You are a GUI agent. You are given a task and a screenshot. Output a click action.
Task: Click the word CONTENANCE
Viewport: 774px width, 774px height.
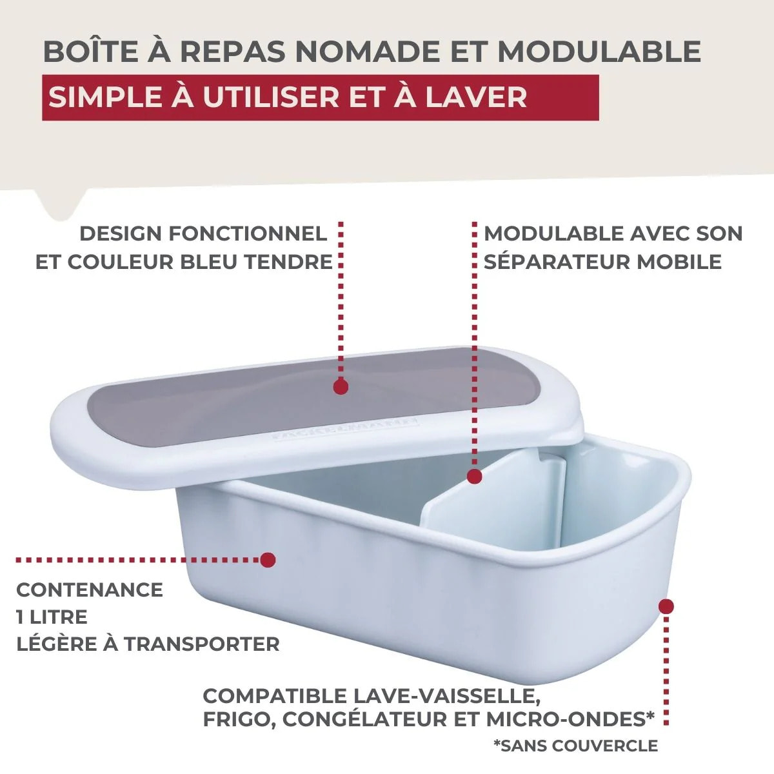click(90, 590)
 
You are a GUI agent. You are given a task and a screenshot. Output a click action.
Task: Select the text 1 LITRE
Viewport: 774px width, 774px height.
click(52, 617)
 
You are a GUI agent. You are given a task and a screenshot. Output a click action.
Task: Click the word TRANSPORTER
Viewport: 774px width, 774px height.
click(202, 644)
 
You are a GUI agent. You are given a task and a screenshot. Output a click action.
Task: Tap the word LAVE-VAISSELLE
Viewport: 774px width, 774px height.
click(446, 696)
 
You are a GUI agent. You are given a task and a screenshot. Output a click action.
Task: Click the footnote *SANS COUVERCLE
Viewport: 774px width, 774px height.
click(575, 746)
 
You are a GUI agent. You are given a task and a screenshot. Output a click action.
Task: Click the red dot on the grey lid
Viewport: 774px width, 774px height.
click(341, 387)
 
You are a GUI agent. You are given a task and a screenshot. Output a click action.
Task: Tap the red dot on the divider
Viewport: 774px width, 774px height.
click(474, 477)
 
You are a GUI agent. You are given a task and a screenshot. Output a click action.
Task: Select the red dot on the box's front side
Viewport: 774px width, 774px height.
click(268, 559)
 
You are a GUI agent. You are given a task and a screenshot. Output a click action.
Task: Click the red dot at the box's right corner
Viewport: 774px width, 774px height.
click(666, 606)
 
